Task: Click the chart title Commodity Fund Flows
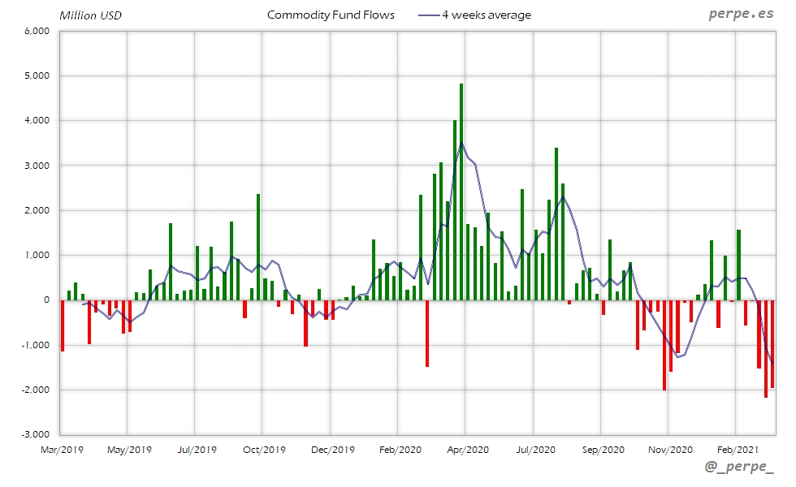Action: coord(331,15)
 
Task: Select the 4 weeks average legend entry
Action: coord(474,15)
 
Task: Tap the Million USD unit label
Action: coord(90,15)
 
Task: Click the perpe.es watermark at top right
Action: coord(740,15)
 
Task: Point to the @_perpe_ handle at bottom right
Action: coord(739,467)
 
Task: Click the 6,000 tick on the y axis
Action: coord(38,31)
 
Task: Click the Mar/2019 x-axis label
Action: coord(62,448)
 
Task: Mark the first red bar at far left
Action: coord(63,325)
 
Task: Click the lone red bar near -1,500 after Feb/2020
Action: coord(427,334)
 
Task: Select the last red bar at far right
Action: coord(772,344)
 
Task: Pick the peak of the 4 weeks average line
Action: coord(461,144)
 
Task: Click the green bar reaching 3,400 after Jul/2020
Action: coord(556,224)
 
